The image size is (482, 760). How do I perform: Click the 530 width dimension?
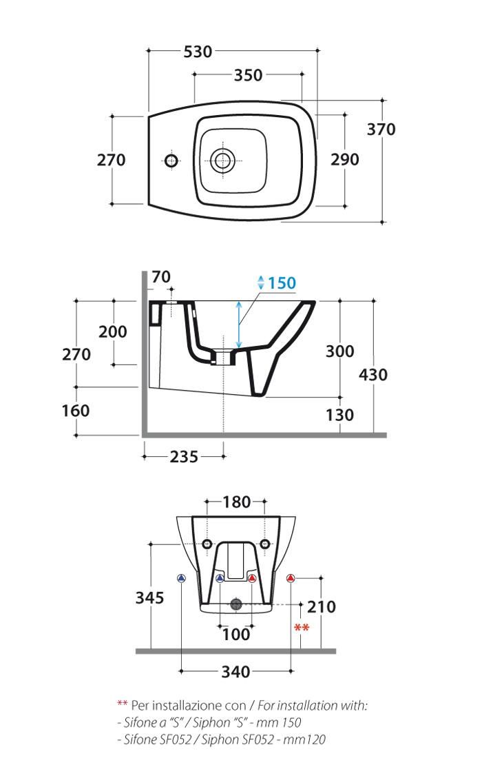198,52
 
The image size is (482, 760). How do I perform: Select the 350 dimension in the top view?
248,75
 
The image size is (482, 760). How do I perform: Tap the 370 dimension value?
381,130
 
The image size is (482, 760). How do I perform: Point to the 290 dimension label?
345,159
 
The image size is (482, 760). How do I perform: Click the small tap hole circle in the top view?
171,160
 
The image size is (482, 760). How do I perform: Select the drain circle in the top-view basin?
222,160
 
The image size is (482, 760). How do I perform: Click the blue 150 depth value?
282,283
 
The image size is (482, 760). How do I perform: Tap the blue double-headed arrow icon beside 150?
260,283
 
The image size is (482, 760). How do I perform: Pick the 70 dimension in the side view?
161,277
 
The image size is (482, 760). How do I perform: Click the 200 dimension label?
113,332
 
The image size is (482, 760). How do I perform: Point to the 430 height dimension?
373,375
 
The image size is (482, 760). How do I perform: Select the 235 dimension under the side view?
184,457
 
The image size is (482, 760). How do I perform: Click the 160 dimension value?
76,411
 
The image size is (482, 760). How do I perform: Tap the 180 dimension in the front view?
236,502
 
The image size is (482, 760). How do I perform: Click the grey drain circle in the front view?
236,604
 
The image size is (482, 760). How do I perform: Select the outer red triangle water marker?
290,578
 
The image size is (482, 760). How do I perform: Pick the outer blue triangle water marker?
181,578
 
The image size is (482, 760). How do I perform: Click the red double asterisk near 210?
302,628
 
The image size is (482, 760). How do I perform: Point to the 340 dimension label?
236,672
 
